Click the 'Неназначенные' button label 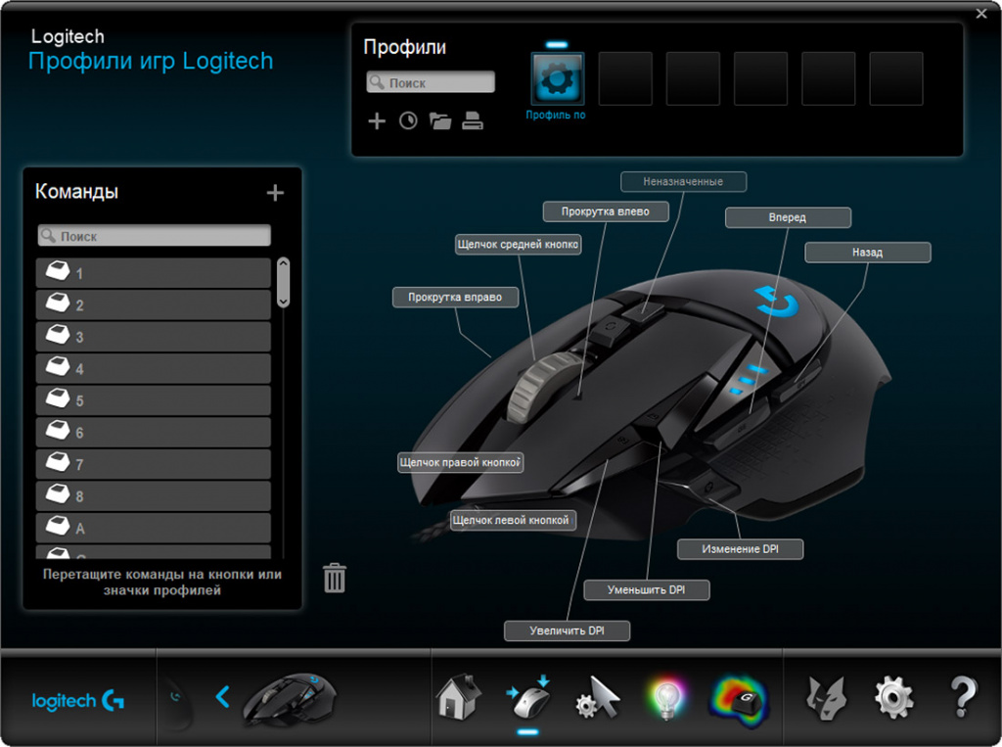click(x=683, y=182)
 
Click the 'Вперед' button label click(x=788, y=217)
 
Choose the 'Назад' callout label click(x=867, y=253)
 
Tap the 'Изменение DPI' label click(x=740, y=549)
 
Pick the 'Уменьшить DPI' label click(x=646, y=590)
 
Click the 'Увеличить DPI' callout click(x=567, y=631)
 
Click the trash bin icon click(x=335, y=578)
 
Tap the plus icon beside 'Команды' click(x=275, y=193)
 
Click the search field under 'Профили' click(x=431, y=83)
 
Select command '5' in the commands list click(x=154, y=400)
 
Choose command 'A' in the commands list click(x=154, y=528)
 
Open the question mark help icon click(x=963, y=697)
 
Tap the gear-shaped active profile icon click(x=557, y=79)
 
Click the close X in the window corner click(x=981, y=14)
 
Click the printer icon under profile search click(x=473, y=121)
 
